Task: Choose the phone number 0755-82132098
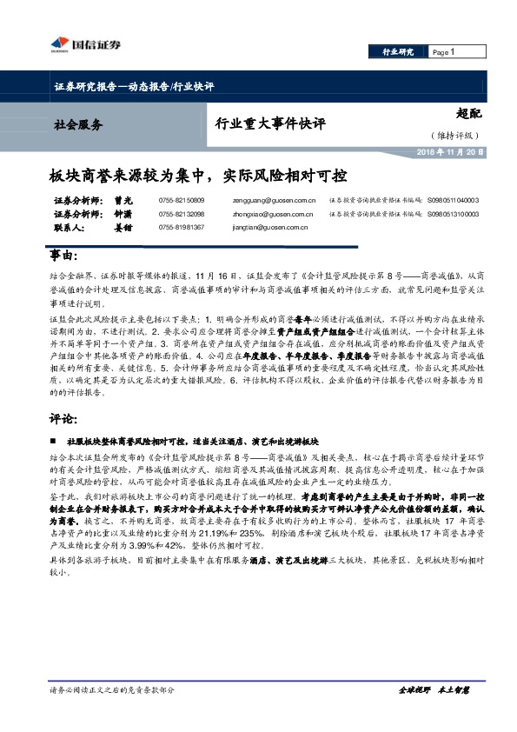pos(182,214)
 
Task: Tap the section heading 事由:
pos(63,258)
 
